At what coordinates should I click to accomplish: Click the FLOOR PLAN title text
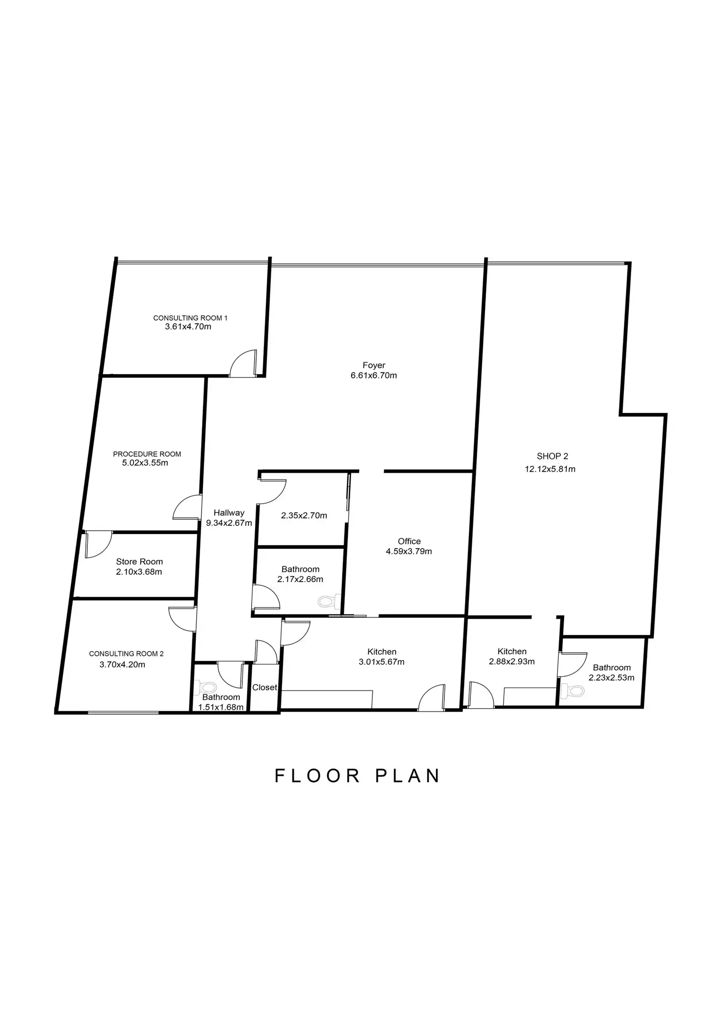(357, 776)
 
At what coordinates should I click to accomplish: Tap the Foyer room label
(374, 365)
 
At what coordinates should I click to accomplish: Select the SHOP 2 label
(552, 456)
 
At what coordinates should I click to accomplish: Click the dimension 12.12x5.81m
(550, 469)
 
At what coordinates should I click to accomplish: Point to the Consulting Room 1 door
(244, 364)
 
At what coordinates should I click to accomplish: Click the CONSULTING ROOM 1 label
(190, 318)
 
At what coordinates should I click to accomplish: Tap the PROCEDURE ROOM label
(147, 454)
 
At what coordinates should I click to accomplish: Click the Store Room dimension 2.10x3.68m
(139, 572)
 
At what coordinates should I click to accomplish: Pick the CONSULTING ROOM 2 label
(126, 654)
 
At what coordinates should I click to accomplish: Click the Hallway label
(229, 513)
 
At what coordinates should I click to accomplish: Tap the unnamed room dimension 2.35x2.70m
(304, 515)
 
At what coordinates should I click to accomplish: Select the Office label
(409, 541)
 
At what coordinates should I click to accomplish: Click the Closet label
(265, 688)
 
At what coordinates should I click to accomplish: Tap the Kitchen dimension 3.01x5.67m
(382, 662)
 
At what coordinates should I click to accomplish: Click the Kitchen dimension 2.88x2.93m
(512, 662)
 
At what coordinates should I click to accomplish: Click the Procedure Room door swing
(188, 508)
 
